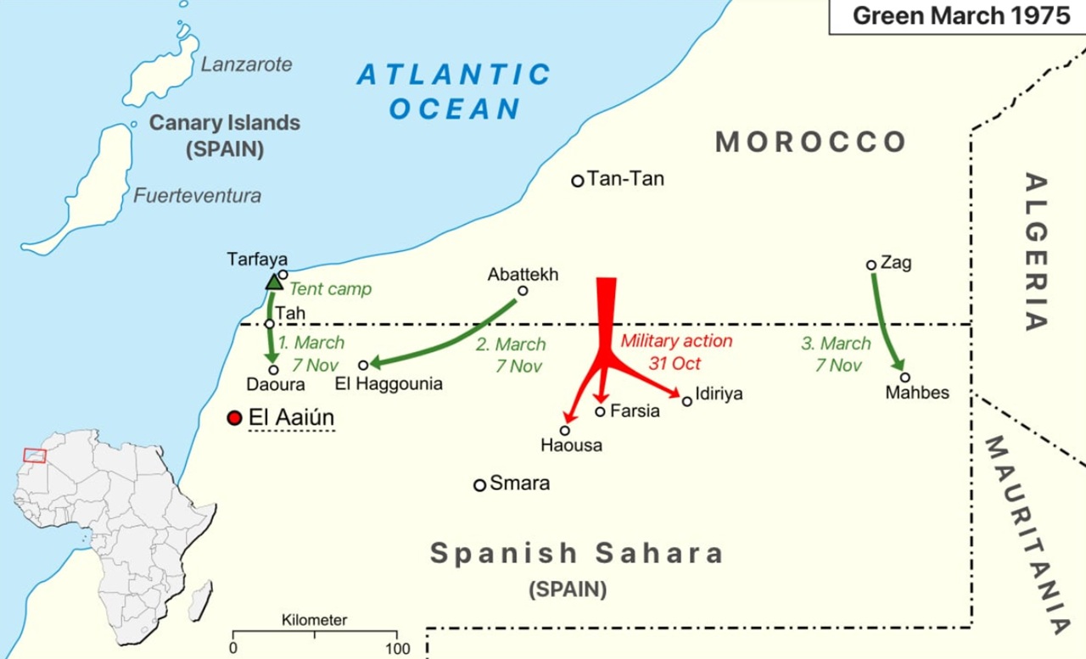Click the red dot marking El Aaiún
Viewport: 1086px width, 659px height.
[x=235, y=418]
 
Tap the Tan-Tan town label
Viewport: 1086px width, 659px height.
[x=625, y=179]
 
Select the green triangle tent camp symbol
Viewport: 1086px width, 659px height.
[x=274, y=282]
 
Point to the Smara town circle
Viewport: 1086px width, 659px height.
[x=479, y=485]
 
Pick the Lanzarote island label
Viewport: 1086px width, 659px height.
[x=246, y=64]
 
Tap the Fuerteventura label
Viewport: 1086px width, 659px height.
[x=198, y=196]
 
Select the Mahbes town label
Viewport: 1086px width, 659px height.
[x=916, y=393]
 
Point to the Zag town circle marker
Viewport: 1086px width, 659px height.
[x=870, y=265]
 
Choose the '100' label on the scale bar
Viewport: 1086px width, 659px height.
[x=397, y=649]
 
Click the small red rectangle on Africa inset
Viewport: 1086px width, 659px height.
[x=34, y=455]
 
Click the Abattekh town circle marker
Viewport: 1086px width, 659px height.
[x=523, y=291]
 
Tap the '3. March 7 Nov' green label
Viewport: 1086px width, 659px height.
[x=836, y=355]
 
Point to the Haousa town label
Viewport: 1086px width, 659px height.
[x=571, y=445]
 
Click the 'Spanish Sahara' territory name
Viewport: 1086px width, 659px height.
[x=577, y=554]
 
